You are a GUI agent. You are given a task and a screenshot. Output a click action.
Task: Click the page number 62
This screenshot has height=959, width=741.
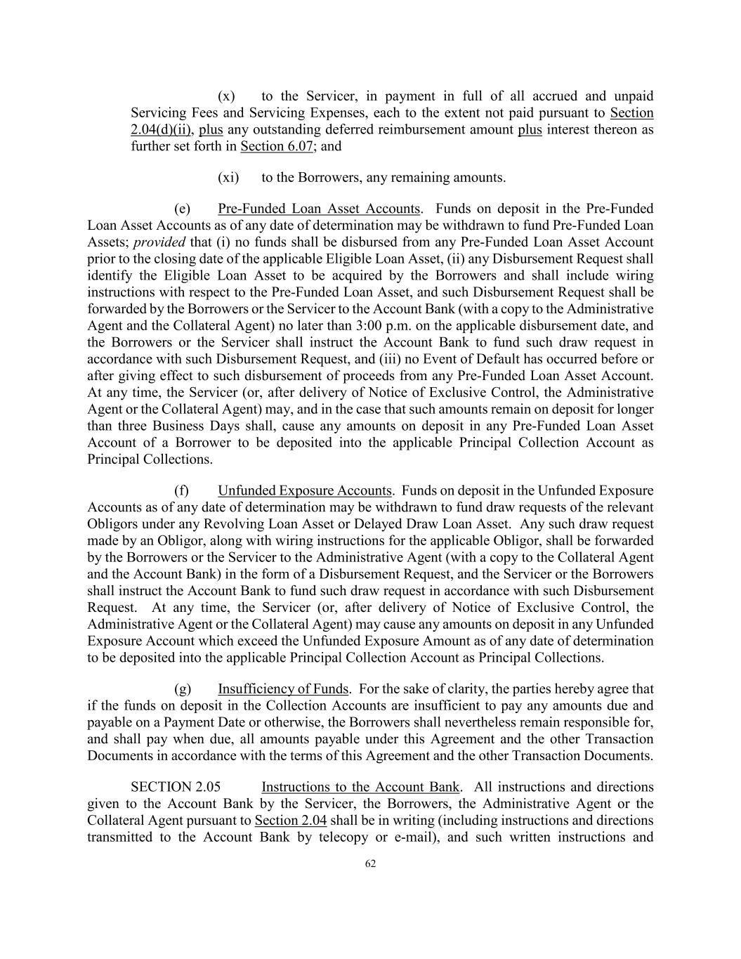point(370,864)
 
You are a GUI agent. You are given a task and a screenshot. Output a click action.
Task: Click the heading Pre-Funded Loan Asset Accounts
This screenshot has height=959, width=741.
point(319,209)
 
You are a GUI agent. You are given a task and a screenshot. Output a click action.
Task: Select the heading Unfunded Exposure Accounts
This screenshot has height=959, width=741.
point(304,490)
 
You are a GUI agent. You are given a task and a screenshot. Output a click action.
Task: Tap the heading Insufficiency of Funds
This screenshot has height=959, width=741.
point(283,689)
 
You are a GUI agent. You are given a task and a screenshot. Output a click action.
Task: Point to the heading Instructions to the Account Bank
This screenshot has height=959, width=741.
point(361,787)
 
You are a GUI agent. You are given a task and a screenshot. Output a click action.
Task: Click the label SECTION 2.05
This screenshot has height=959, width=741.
point(171,787)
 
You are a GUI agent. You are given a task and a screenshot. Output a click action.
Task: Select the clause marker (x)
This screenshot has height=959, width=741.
point(226,96)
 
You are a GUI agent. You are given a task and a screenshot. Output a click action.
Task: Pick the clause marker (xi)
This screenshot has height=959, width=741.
point(228,178)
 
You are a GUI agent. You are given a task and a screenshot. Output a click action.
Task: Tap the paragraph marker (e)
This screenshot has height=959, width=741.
point(183,209)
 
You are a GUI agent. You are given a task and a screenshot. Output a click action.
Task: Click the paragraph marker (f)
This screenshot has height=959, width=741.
point(182,490)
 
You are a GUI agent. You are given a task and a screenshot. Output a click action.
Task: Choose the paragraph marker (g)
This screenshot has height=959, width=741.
point(183,689)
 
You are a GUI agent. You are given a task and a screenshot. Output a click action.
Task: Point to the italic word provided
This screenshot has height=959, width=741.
point(159,242)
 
